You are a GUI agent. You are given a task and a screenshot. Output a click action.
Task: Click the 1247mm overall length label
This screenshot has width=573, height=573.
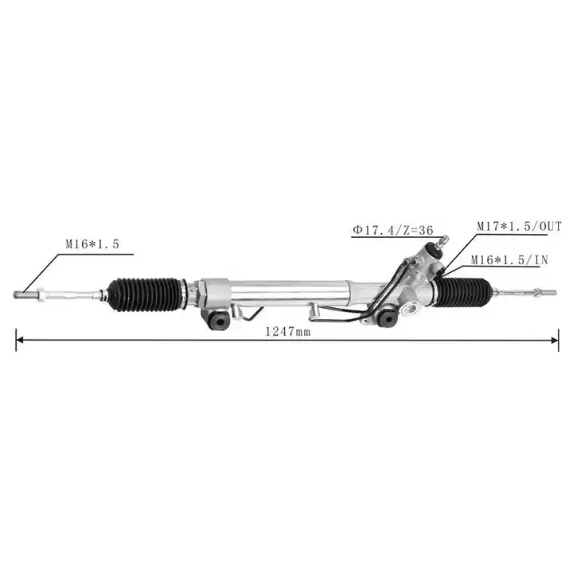click(x=287, y=331)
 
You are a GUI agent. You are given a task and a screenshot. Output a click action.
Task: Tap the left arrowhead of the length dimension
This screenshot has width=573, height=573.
click(x=20, y=341)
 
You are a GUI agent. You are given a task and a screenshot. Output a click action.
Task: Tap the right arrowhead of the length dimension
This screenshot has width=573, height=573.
click(x=555, y=341)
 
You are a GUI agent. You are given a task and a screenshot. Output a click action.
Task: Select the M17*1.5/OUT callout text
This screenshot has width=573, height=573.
click(x=519, y=227)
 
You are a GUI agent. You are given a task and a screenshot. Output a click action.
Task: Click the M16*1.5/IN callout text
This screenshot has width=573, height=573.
click(x=509, y=259)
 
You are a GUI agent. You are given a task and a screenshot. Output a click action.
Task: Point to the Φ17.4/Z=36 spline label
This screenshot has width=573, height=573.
click(x=393, y=230)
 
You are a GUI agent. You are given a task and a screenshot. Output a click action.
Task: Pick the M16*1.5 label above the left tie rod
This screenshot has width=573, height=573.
click(x=92, y=244)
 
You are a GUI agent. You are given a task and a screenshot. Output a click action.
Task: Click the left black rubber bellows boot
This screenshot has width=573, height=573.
click(x=147, y=295)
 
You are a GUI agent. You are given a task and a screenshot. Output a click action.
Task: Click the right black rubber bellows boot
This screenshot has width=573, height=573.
click(x=464, y=292)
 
